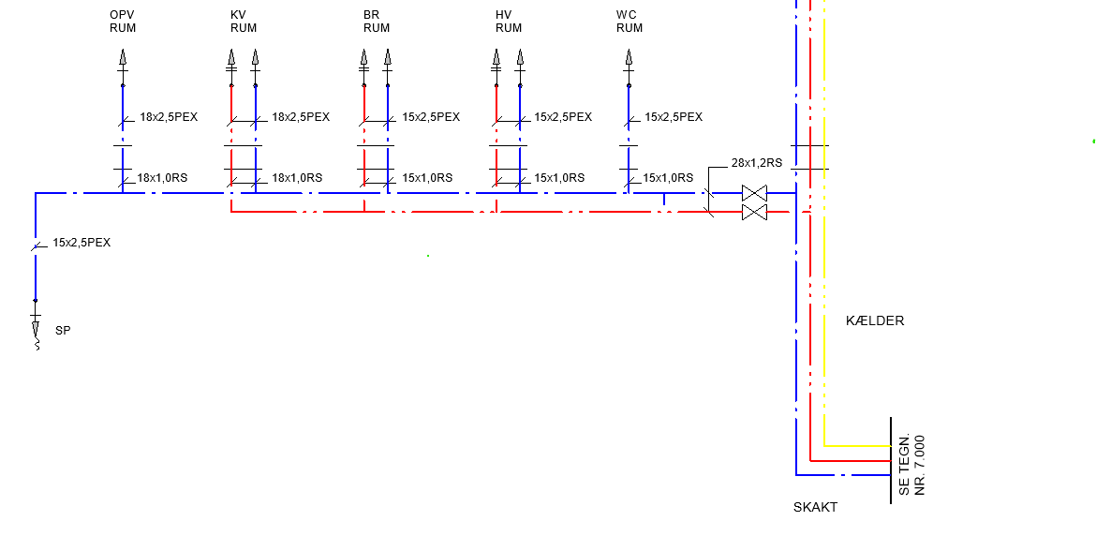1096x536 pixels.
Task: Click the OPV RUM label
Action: (123, 22)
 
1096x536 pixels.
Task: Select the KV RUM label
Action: (244, 22)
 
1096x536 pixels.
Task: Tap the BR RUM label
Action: (376, 22)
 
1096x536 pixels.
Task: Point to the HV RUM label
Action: (509, 22)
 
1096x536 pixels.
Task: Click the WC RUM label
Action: (629, 22)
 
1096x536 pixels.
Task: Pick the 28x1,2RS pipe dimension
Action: (756, 164)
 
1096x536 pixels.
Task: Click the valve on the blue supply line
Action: (754, 193)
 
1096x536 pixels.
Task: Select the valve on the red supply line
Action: (754, 212)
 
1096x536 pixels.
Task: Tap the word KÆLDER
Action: (874, 320)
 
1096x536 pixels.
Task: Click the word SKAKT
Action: (815, 507)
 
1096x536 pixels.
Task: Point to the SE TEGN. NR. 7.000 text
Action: (912, 465)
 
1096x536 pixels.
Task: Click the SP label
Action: (63, 331)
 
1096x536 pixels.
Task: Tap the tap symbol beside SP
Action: (36, 329)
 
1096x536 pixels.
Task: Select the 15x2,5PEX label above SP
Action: (81, 244)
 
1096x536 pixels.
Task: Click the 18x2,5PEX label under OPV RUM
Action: (169, 117)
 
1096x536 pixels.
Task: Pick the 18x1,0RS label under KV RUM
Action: (296, 177)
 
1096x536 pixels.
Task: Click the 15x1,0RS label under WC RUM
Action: (668, 177)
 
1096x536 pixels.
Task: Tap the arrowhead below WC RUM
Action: (629, 56)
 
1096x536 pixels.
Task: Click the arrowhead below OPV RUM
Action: (123, 56)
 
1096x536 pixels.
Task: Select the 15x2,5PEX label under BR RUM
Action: (431, 117)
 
